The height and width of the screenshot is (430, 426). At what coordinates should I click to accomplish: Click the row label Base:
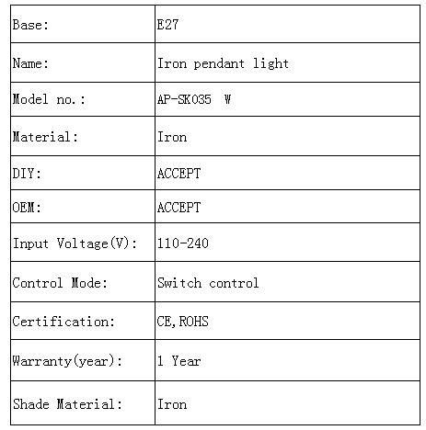[x=30, y=25]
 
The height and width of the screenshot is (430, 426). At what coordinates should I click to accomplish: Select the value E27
[x=167, y=25]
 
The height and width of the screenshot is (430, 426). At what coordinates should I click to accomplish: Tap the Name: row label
[x=30, y=63]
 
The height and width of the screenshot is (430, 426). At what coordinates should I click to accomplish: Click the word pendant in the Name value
[x=219, y=64]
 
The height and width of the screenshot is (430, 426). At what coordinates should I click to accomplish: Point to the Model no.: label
[x=49, y=99]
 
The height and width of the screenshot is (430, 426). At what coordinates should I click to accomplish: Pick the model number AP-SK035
[x=184, y=99]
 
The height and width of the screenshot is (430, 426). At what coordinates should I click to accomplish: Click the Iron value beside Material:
[x=172, y=137]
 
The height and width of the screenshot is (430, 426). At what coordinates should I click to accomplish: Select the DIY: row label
[x=27, y=174]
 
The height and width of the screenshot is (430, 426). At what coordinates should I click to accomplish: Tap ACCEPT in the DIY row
[x=178, y=174]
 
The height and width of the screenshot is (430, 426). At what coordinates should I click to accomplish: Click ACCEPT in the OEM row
[x=178, y=208]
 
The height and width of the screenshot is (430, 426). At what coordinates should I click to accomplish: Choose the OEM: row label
[x=27, y=208]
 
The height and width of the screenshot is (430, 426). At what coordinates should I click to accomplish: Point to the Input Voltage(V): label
[x=75, y=243]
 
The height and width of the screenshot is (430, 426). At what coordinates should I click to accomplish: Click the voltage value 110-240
[x=183, y=243]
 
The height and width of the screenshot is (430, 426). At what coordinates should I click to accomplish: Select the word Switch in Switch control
[x=179, y=283]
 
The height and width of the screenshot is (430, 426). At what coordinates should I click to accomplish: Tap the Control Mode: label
[x=60, y=283]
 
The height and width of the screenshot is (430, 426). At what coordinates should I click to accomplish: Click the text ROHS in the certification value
[x=194, y=322]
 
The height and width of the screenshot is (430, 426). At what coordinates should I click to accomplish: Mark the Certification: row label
[x=63, y=322]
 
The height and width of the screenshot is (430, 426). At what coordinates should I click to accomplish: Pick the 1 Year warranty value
[x=179, y=361]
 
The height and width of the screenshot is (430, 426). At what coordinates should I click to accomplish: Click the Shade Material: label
[x=67, y=404]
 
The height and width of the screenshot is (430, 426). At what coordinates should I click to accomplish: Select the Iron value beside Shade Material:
[x=172, y=404]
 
